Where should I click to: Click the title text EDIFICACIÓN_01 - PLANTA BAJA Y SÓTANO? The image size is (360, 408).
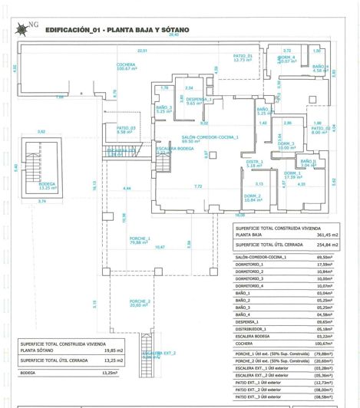click(117, 31)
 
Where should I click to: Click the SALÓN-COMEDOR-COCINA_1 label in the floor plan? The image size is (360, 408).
click(210, 137)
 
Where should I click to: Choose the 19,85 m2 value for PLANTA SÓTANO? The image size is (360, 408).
click(104, 349)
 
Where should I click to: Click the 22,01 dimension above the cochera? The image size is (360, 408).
click(142, 51)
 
